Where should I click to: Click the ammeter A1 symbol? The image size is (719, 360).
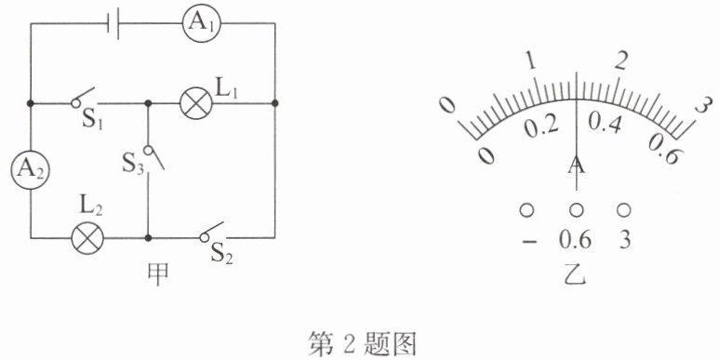pyautogui.click(x=201, y=23)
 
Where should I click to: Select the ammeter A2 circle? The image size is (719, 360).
pyautogui.click(x=30, y=170)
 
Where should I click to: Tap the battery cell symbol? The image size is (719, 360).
pyautogui.click(x=113, y=23)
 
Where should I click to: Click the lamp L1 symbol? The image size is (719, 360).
pyautogui.click(x=196, y=103)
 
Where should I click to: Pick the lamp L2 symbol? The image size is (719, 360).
pyautogui.click(x=87, y=238)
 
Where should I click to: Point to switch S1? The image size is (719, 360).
pyautogui.click(x=84, y=99)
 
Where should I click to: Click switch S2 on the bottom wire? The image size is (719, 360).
pyautogui.click(x=211, y=232)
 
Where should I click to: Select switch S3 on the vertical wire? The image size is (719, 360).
pyautogui.click(x=153, y=157)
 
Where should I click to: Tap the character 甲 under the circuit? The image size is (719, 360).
pyautogui.click(x=158, y=274)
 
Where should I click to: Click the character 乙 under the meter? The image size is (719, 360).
pyautogui.click(x=576, y=274)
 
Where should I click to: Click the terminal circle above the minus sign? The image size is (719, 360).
pyautogui.click(x=526, y=210)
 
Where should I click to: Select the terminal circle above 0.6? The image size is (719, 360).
pyautogui.click(x=577, y=210)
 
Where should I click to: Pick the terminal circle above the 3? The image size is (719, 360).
pyautogui.click(x=623, y=210)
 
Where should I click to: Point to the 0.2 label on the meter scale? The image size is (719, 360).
pyautogui.click(x=541, y=127)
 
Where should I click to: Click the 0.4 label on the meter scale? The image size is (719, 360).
pyautogui.click(x=605, y=123)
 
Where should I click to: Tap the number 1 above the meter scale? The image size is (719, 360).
pyautogui.click(x=532, y=61)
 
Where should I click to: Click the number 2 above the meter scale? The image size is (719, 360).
pyautogui.click(x=620, y=60)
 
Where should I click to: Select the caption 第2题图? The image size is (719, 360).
pyautogui.click(x=362, y=344)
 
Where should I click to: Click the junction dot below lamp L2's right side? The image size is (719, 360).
pyautogui.click(x=148, y=238)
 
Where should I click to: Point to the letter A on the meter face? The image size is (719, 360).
pyautogui.click(x=577, y=166)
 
